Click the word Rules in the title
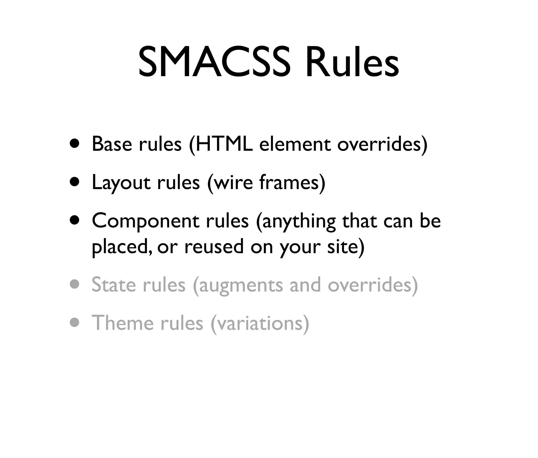[x=352, y=63]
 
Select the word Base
[x=112, y=144]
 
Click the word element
[x=295, y=144]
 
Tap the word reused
[x=214, y=247]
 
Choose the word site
[x=343, y=247]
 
